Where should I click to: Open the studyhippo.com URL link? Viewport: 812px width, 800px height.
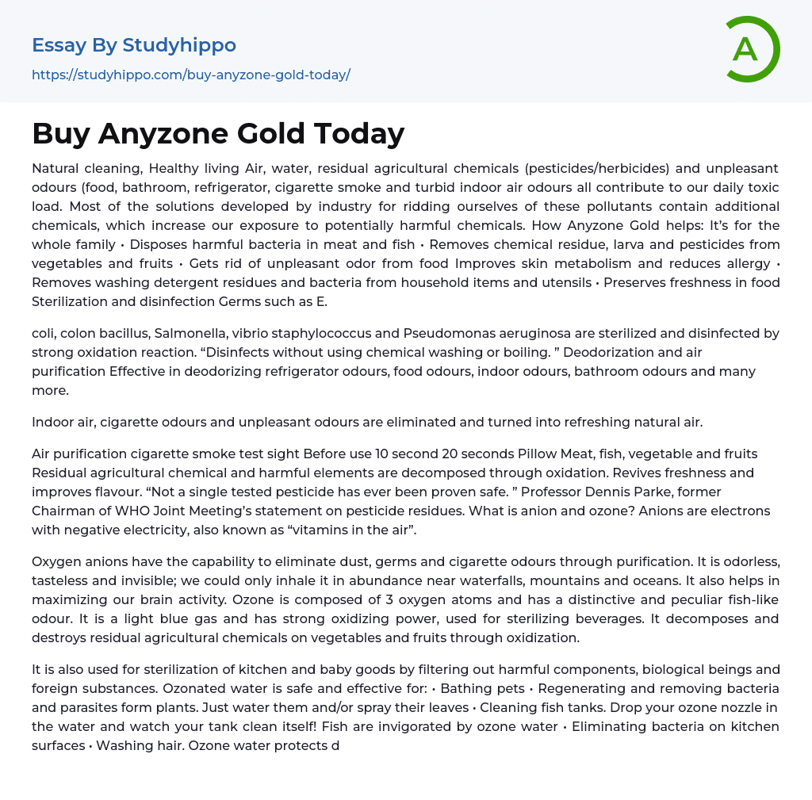[x=190, y=75]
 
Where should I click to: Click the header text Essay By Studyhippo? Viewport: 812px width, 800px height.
[x=134, y=45]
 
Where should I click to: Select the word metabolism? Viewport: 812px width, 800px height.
[x=579, y=263]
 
